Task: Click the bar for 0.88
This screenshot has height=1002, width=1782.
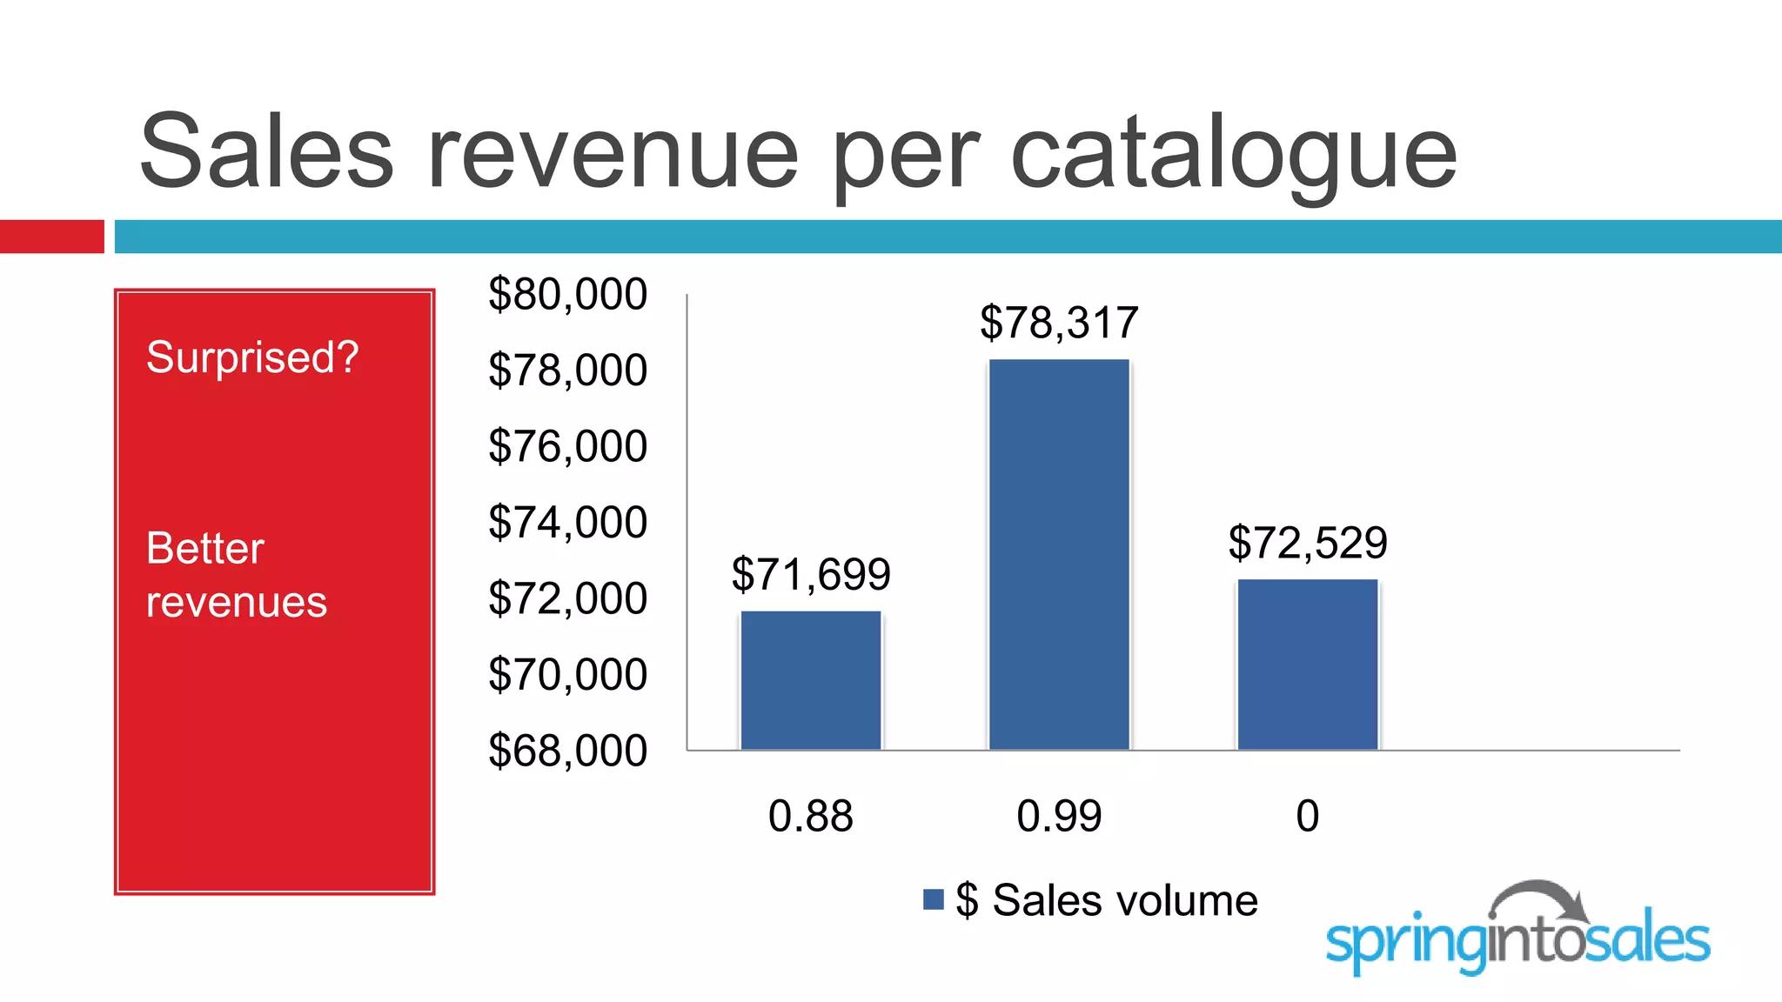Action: coord(811,680)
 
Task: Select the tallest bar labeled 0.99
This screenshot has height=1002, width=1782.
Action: coord(1059,554)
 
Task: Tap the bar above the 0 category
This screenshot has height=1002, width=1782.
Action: coord(1308,665)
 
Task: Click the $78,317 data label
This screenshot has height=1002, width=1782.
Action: coord(1059,323)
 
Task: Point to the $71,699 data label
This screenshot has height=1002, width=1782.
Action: coord(811,574)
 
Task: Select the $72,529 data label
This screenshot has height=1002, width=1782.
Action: coord(1308,543)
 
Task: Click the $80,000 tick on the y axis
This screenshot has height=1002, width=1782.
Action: coord(567,294)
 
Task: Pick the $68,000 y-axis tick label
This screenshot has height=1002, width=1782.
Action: coord(567,751)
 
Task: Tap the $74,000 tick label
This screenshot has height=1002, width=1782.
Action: coord(567,523)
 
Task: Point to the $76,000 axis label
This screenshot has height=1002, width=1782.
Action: coord(567,446)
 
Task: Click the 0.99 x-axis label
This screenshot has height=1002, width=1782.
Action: coord(1059,816)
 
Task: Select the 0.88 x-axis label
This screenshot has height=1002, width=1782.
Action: coord(811,816)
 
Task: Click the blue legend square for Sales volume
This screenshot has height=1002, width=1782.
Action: coord(934,899)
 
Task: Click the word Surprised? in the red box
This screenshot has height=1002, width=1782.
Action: coord(252,357)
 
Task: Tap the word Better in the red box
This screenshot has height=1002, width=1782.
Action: coord(205,548)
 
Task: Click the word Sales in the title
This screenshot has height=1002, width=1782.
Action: coord(266,152)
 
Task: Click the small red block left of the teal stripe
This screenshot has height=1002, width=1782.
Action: coord(51,237)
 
